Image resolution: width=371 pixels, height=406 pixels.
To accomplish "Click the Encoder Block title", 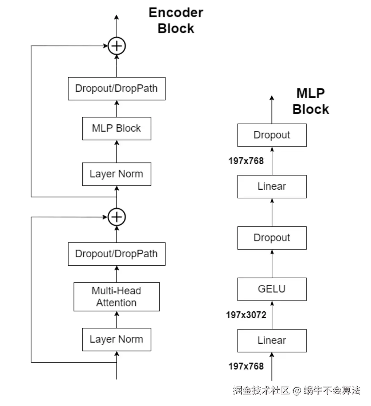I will pyautogui.click(x=175, y=21).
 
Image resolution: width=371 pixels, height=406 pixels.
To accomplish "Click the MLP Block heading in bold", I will pyautogui.click(x=310, y=101).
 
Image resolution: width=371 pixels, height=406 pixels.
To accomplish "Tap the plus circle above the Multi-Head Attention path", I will pyautogui.click(x=116, y=217).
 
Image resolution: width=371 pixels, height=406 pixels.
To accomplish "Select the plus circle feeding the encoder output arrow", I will pyautogui.click(x=116, y=46).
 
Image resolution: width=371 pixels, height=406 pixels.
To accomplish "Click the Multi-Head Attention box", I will pyautogui.click(x=116, y=297).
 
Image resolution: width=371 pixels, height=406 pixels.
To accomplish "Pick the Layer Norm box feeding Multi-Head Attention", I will pyautogui.click(x=116, y=339).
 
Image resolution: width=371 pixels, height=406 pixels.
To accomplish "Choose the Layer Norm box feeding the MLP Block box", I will pyautogui.click(x=116, y=174).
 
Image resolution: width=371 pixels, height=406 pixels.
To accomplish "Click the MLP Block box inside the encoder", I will pyautogui.click(x=116, y=128).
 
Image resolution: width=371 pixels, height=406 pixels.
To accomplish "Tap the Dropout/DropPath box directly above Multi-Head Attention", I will pyautogui.click(x=116, y=254).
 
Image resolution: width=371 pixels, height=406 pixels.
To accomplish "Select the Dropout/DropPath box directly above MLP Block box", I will pyautogui.click(x=116, y=89).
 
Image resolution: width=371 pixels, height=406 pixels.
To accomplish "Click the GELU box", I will pyautogui.click(x=272, y=289).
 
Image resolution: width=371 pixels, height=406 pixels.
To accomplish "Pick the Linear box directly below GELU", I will pyautogui.click(x=272, y=341).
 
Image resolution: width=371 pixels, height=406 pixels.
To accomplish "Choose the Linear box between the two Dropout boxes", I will pyautogui.click(x=272, y=187).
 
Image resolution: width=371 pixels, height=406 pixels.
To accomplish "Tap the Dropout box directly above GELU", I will pyautogui.click(x=272, y=238).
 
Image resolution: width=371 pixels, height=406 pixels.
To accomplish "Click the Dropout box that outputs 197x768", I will pyautogui.click(x=272, y=135).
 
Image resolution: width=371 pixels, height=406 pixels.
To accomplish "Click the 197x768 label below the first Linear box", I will pyautogui.click(x=246, y=366).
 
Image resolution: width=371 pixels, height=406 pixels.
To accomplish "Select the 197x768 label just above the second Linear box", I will pyautogui.click(x=246, y=161).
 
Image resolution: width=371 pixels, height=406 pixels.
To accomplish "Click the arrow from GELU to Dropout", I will pyautogui.click(x=272, y=263).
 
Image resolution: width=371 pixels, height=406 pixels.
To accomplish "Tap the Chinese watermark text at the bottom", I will pyautogui.click(x=296, y=390).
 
